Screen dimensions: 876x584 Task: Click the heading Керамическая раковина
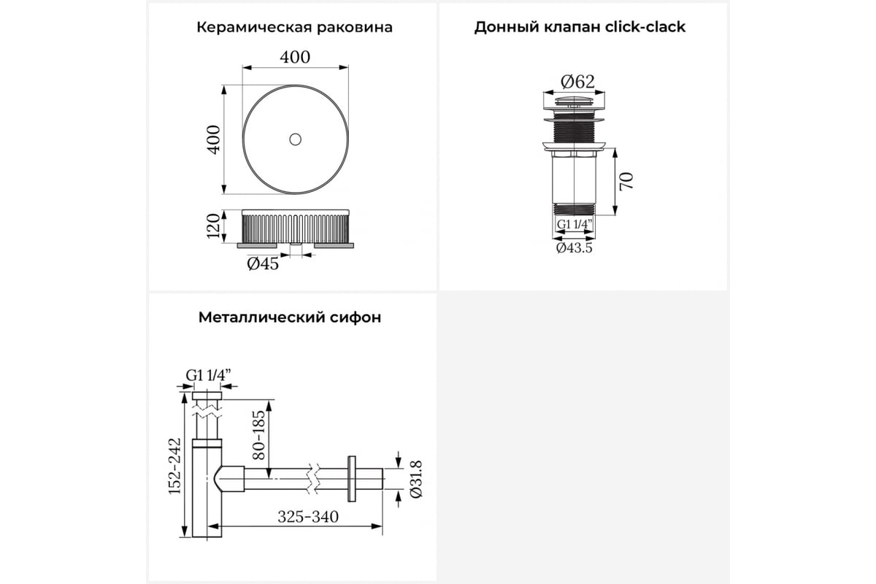[294, 28]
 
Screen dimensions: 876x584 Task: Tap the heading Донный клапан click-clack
[580, 27]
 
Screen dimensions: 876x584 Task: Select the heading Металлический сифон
[290, 318]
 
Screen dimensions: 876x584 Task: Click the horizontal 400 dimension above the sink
[295, 58]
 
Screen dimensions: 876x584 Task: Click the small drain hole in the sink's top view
[295, 139]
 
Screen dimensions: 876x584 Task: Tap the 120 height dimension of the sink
[213, 226]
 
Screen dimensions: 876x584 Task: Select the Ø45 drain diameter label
[264, 264]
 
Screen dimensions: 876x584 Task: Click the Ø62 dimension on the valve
[577, 82]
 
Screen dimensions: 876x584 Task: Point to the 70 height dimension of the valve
[626, 181]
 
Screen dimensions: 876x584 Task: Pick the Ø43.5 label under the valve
[575, 248]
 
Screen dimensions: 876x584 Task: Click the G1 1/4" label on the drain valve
[575, 224]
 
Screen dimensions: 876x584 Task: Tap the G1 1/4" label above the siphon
[209, 375]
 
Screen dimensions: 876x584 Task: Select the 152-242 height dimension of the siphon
[174, 466]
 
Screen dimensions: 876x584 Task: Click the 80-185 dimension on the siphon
[258, 435]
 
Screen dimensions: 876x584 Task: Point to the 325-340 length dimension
[308, 517]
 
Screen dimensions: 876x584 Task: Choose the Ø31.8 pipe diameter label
[416, 479]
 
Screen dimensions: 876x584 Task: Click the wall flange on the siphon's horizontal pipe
[352, 479]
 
